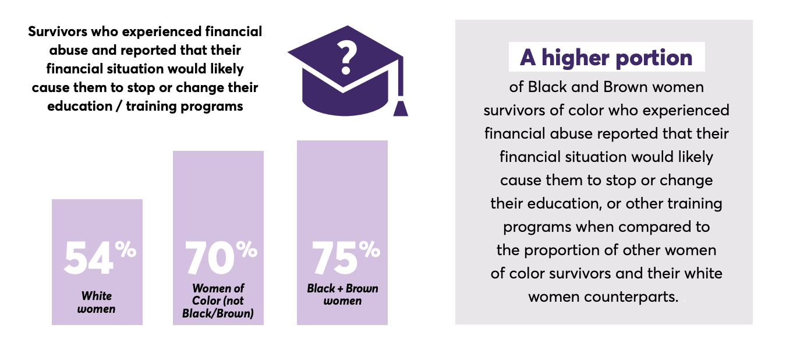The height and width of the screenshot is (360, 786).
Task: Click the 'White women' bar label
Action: tap(97, 302)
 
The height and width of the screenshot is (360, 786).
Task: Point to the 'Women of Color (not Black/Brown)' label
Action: tap(218, 301)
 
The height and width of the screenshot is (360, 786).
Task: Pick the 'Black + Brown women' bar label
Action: tap(342, 294)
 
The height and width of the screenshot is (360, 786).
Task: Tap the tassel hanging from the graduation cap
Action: tap(400, 107)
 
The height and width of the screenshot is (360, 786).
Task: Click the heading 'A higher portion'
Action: tap(606, 57)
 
